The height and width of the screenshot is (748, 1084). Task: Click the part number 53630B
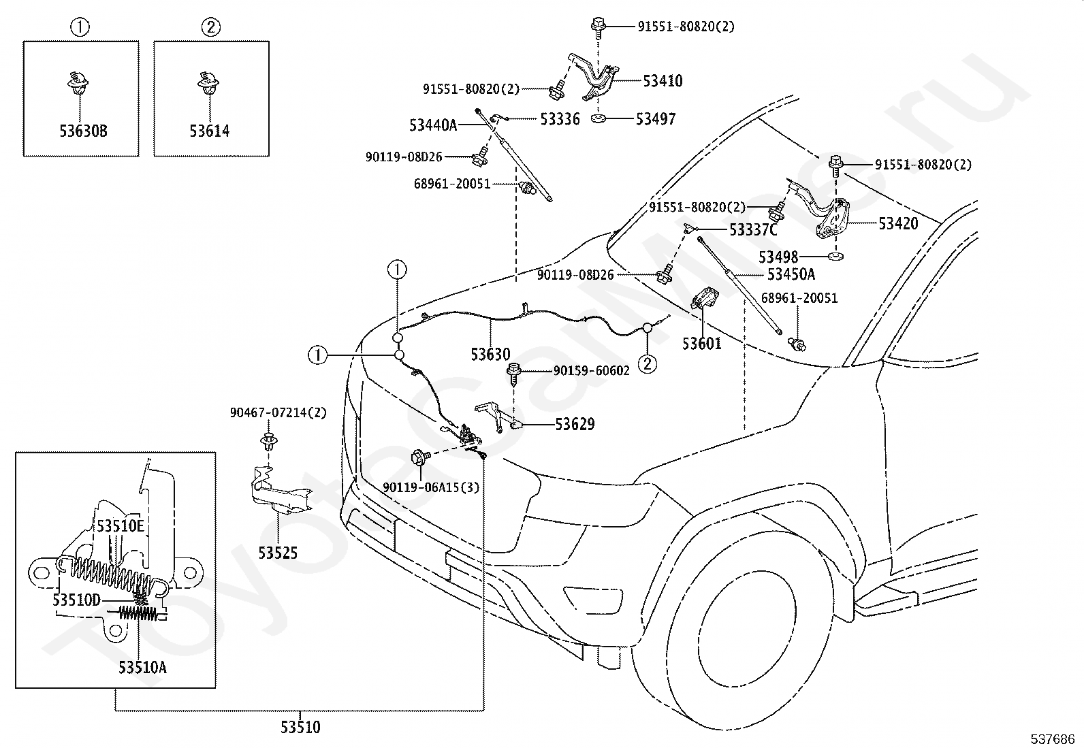83,131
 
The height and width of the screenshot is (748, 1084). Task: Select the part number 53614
210,131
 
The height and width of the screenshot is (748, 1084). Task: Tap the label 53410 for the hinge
663,81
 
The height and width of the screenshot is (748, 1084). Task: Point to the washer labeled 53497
599,118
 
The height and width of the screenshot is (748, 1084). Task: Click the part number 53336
560,119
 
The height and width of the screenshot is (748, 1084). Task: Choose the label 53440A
433,125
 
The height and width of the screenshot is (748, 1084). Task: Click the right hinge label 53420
898,223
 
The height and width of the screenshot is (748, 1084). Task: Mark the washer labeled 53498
835,256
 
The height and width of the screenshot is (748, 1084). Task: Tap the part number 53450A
791,275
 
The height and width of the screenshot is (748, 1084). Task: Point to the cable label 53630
491,355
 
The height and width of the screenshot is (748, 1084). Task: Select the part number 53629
575,424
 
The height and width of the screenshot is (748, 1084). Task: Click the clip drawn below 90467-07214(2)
269,441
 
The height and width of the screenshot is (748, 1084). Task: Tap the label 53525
278,553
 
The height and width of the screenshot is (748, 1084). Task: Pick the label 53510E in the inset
121,526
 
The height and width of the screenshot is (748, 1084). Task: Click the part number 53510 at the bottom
300,727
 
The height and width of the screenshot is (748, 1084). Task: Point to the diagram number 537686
1053,739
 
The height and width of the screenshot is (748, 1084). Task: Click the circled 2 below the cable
648,364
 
